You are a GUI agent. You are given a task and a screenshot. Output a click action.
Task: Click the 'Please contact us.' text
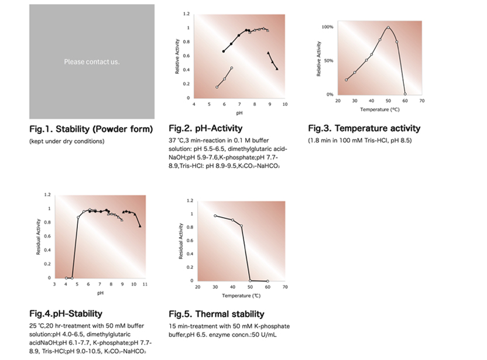point(92,61)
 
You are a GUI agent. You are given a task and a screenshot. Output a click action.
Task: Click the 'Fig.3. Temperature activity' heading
point(364,128)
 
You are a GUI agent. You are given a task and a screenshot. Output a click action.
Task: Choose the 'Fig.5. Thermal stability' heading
point(217,314)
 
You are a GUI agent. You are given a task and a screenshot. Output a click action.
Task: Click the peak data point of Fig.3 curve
point(388,28)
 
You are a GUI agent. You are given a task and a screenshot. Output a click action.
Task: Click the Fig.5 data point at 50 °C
point(251,280)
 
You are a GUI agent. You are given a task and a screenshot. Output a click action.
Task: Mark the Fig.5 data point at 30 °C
point(215,216)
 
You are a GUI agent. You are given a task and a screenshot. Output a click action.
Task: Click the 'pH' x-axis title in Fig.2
point(239,112)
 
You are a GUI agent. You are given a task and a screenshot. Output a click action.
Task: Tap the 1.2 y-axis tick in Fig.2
point(186,13)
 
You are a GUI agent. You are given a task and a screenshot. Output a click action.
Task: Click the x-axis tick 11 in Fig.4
point(145,284)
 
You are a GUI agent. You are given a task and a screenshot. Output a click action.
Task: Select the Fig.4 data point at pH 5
point(78,218)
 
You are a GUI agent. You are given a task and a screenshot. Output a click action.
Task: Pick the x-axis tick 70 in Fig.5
point(285,287)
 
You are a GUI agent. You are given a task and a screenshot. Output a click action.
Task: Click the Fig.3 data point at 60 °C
point(405,94)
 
